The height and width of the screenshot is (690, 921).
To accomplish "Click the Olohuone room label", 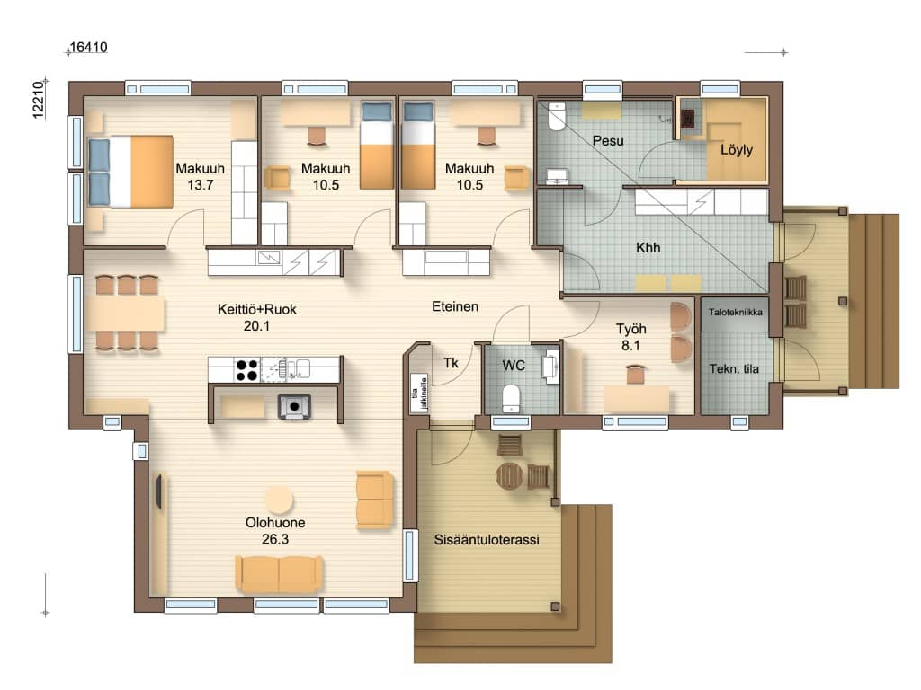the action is (275, 522).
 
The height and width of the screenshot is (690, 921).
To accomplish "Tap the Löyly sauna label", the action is (737, 150).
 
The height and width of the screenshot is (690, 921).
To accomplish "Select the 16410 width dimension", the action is (89, 48).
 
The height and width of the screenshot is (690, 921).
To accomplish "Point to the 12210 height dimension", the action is (38, 101).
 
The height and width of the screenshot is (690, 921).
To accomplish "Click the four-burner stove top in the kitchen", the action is (246, 369).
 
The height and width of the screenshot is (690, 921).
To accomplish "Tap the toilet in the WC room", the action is (512, 398).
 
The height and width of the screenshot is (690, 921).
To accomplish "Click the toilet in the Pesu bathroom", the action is (556, 117).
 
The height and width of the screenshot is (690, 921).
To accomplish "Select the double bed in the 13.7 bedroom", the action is (130, 172).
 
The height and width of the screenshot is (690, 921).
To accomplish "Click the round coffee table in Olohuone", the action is (279, 500).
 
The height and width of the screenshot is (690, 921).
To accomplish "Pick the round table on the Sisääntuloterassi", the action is (510, 476).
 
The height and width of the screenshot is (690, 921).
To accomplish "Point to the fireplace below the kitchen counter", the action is (294, 406).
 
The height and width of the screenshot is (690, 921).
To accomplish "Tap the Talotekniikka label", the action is (736, 312).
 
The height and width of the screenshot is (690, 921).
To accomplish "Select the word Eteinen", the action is (455, 306).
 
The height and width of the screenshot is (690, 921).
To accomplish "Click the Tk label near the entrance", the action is (451, 363).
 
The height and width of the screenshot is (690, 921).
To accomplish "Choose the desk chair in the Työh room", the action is (636, 374).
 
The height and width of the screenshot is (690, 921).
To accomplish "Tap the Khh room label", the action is (648, 248).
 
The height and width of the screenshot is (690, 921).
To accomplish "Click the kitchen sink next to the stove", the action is (302, 369).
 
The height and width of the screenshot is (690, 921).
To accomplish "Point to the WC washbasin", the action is (552, 367).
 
